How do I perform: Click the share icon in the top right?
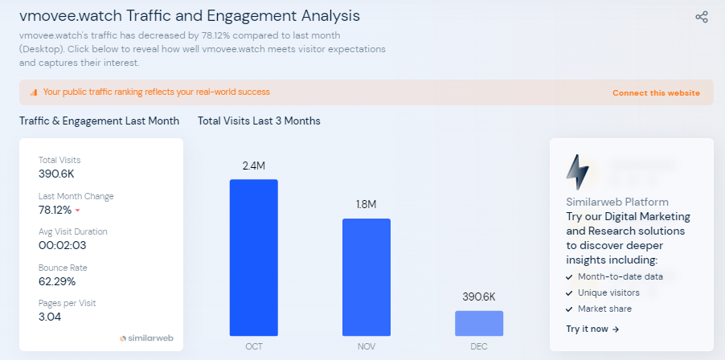click(702, 17)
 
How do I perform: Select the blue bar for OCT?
click(254, 257)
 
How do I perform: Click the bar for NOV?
click(367, 277)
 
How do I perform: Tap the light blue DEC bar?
click(479, 323)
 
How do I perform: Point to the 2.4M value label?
click(254, 166)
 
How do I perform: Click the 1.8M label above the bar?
click(367, 205)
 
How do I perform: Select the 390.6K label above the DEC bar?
click(479, 297)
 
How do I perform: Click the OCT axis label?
click(254, 347)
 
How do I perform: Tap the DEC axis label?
click(479, 347)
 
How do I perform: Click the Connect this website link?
click(656, 93)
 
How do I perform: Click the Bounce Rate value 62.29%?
click(57, 281)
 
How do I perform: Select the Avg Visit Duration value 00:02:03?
click(62, 246)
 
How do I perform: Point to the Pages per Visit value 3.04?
click(50, 317)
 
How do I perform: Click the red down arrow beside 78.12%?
click(78, 211)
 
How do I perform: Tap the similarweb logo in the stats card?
click(146, 338)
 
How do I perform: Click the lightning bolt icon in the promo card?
click(577, 170)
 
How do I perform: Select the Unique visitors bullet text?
click(608, 292)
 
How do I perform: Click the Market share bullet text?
click(604, 309)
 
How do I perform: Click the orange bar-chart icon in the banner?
click(34, 92)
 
